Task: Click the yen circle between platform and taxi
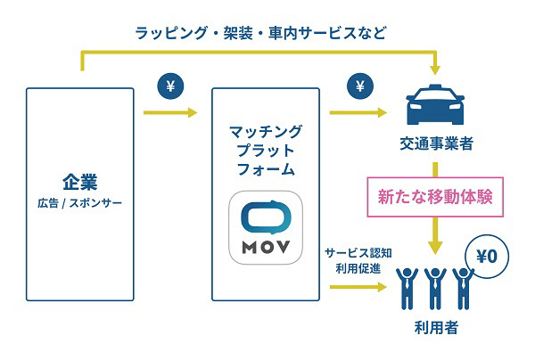[360, 86]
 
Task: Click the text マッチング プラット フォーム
[266, 147]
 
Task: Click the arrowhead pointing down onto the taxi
[435, 70]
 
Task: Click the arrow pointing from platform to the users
[360, 288]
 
